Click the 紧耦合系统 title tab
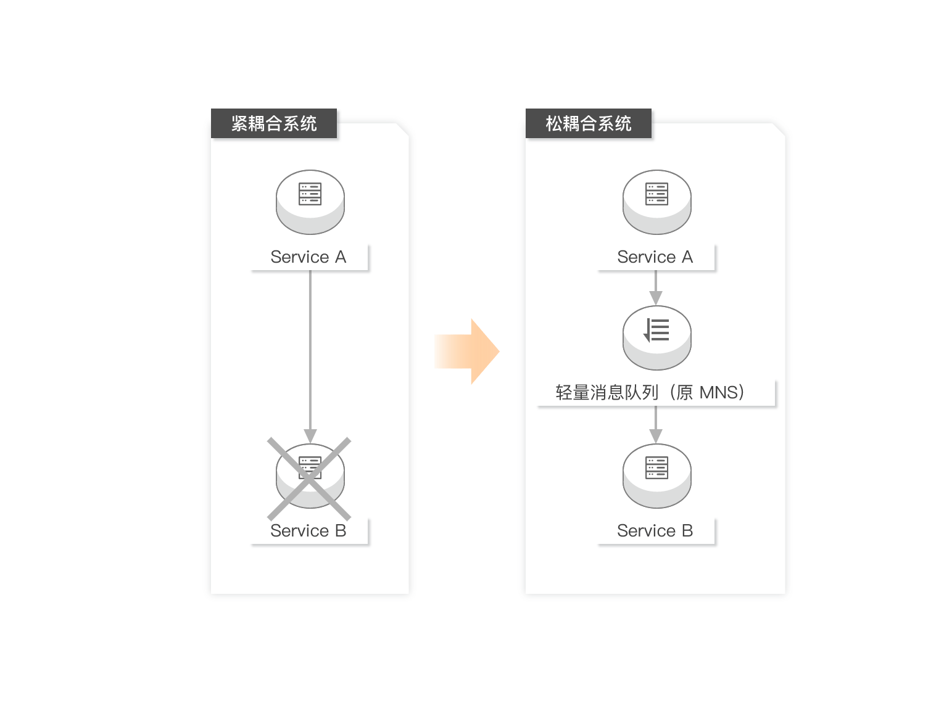coord(274,124)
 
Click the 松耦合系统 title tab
coord(588,124)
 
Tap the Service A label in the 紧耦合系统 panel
coord(308,257)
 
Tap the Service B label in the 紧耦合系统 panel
coord(308,531)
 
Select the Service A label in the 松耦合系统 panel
coord(655,257)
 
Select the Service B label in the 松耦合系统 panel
coord(655,531)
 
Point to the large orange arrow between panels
coord(466,351)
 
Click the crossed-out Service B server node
coord(310,477)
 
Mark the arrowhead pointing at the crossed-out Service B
coord(310,436)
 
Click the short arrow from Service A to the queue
coord(656,288)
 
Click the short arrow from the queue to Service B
coord(656,425)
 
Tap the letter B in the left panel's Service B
coord(340,531)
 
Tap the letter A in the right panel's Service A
coord(687,257)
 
